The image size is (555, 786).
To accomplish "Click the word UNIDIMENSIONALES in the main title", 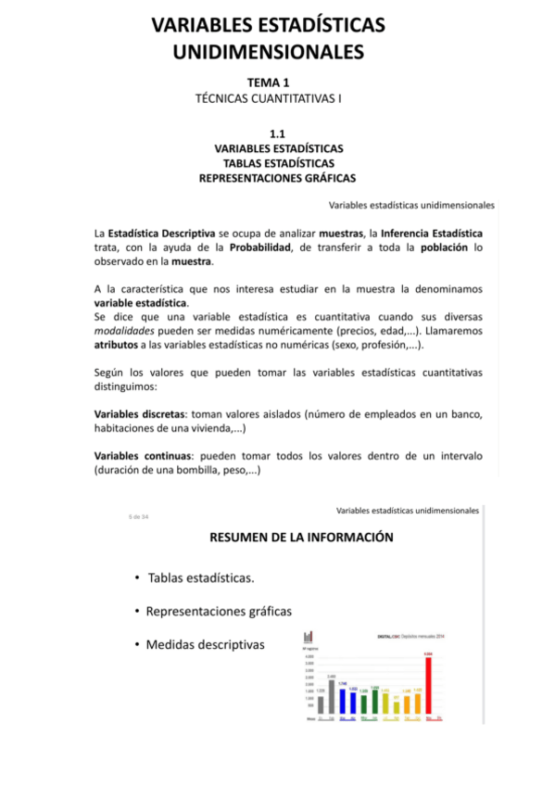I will tap(269, 52).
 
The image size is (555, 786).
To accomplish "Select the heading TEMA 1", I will tap(269, 82).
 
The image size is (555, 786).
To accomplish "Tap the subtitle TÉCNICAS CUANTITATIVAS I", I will tap(269, 97).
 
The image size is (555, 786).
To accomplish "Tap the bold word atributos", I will tap(119, 345).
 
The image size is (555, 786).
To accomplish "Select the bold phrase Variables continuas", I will tap(138, 456).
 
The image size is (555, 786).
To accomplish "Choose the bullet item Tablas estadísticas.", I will tap(200, 578).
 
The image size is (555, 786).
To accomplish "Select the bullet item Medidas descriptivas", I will tap(205, 643).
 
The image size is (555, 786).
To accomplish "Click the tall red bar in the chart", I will tap(428, 686).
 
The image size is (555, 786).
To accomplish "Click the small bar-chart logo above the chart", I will tap(309, 636).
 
